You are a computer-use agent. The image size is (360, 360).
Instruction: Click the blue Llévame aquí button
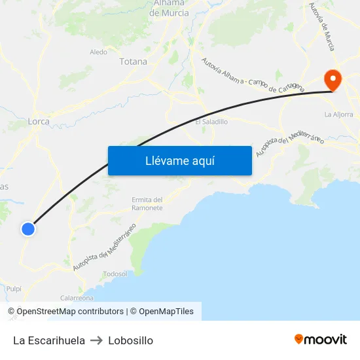[179, 160]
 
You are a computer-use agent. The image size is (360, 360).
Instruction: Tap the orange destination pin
[333, 81]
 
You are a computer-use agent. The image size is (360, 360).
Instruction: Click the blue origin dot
[27, 228]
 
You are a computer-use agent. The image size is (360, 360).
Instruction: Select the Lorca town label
[39, 121]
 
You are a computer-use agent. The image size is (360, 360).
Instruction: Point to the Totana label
[133, 62]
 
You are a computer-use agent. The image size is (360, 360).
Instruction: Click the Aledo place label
[98, 52]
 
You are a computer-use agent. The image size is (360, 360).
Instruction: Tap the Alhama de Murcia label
[169, 8]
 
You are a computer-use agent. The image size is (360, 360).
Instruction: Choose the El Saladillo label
[211, 122]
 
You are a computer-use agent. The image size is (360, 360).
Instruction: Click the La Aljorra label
[338, 114]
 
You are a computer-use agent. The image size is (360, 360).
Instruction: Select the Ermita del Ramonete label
[147, 204]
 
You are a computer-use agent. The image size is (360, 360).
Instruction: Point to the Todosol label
[115, 274]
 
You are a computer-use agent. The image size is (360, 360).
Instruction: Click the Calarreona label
[77, 297]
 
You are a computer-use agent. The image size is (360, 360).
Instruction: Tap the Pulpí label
[14, 288]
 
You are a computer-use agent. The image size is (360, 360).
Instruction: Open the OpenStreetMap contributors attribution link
[65, 312]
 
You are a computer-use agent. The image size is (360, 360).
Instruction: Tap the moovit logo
[320, 339]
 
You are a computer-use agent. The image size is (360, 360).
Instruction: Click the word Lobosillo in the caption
[131, 340]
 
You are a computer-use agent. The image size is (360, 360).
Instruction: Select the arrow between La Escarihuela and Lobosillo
[96, 340]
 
